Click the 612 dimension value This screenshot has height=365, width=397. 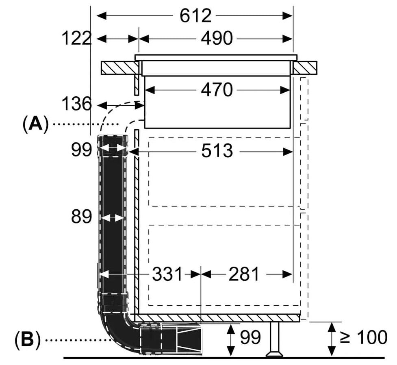195,16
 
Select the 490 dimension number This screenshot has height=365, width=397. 217,39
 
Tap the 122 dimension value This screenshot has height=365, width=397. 76,39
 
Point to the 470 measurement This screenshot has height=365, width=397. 217,89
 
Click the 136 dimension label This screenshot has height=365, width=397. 76,104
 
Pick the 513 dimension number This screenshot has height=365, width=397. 217,151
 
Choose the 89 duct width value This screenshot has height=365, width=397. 82,217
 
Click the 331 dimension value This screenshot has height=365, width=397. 167,274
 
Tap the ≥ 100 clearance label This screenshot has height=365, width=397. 363,337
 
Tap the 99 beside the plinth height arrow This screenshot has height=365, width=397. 250,337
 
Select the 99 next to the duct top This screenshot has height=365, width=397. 82,150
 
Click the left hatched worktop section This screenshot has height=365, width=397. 118,68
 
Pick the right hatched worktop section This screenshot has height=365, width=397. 305,68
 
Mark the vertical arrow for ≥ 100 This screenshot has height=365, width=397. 332,338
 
